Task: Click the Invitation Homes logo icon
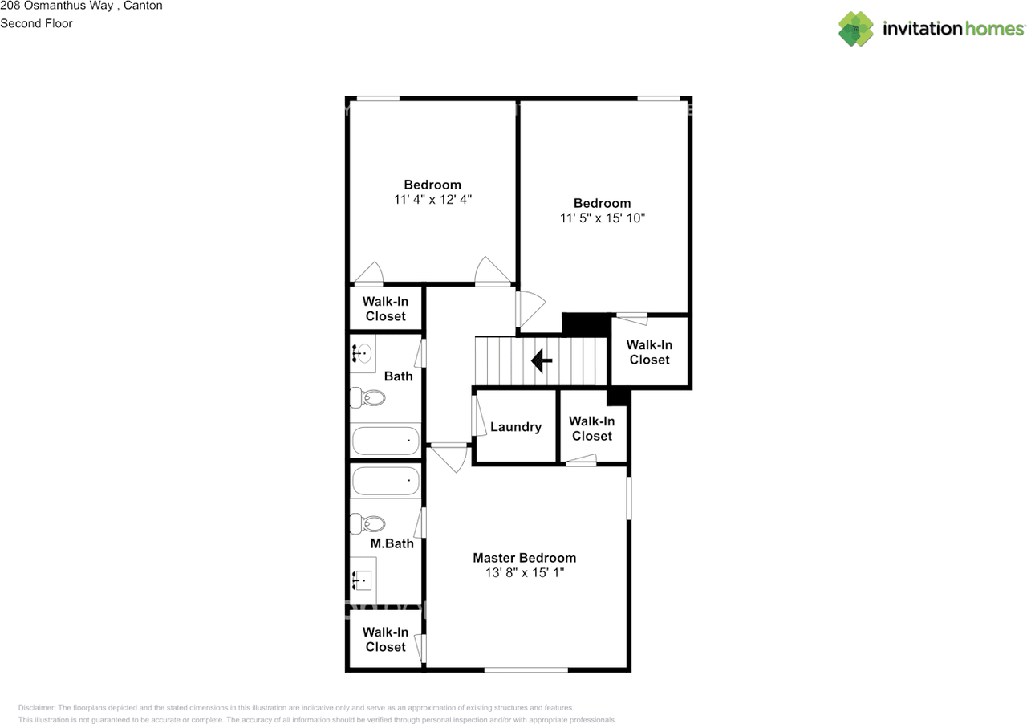(x=856, y=29)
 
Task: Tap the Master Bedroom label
(x=524, y=558)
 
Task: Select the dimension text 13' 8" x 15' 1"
(x=524, y=573)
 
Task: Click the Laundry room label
(x=515, y=427)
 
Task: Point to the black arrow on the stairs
(x=542, y=361)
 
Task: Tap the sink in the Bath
(x=363, y=352)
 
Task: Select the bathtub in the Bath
(x=385, y=441)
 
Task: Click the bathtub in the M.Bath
(x=385, y=482)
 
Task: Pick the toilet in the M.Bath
(x=369, y=524)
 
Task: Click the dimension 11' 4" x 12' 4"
(x=432, y=200)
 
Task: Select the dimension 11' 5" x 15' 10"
(x=602, y=218)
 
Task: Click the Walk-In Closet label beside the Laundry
(x=592, y=429)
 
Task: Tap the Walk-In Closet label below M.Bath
(x=385, y=640)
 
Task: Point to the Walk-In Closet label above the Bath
(x=385, y=309)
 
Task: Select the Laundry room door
(x=478, y=416)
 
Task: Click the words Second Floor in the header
(x=36, y=23)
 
